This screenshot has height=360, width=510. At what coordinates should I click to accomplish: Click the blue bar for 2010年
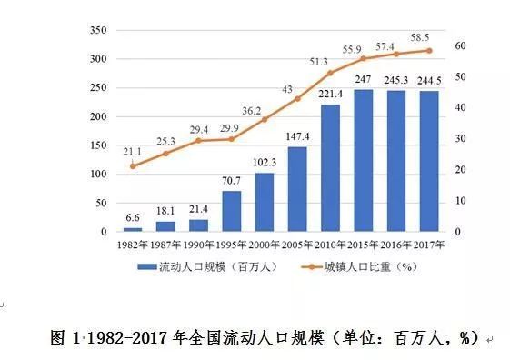tap(331, 168)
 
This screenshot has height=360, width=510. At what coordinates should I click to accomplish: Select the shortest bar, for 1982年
tap(133, 230)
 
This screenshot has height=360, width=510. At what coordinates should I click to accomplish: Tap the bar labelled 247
tap(364, 161)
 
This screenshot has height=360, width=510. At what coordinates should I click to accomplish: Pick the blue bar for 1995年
tap(232, 211)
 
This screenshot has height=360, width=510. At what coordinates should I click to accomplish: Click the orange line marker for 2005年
tap(297, 99)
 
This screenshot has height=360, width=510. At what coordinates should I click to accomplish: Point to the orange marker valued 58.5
tap(429, 51)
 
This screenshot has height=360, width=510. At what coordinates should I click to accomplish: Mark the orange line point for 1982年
tap(133, 166)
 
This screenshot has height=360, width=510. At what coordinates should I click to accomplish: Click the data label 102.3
tap(265, 162)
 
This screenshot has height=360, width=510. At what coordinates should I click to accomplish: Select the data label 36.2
tap(252, 111)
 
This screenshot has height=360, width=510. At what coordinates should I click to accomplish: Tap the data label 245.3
tap(396, 80)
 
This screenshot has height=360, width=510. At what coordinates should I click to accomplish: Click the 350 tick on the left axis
tap(98, 30)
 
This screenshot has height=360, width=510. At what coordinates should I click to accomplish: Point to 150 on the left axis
tap(98, 145)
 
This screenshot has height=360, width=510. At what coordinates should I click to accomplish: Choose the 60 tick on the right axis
tap(460, 45)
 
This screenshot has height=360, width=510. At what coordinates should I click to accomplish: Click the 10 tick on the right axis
tap(460, 201)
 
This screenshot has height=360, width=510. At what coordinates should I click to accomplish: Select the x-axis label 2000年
tap(265, 245)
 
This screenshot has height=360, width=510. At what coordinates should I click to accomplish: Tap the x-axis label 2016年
tap(395, 245)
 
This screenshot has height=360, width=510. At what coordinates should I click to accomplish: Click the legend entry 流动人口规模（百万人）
tap(208, 267)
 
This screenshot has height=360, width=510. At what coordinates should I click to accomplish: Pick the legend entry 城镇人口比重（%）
tap(359, 267)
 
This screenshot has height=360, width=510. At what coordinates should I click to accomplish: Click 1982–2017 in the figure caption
tap(127, 338)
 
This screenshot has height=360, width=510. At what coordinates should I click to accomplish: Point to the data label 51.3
tap(318, 62)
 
